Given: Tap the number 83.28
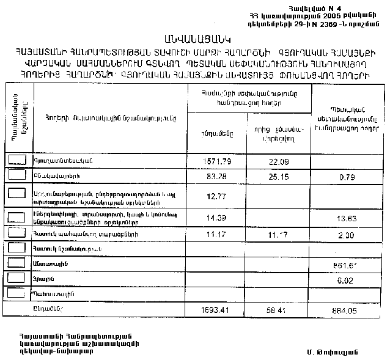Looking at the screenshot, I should [217, 177].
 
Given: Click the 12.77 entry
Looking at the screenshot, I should [217, 196].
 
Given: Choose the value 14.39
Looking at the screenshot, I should [217, 218].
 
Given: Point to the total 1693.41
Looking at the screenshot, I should [217, 309].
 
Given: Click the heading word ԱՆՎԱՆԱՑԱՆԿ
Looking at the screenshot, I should [194, 39].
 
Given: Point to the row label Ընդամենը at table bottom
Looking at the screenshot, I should [46, 308].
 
